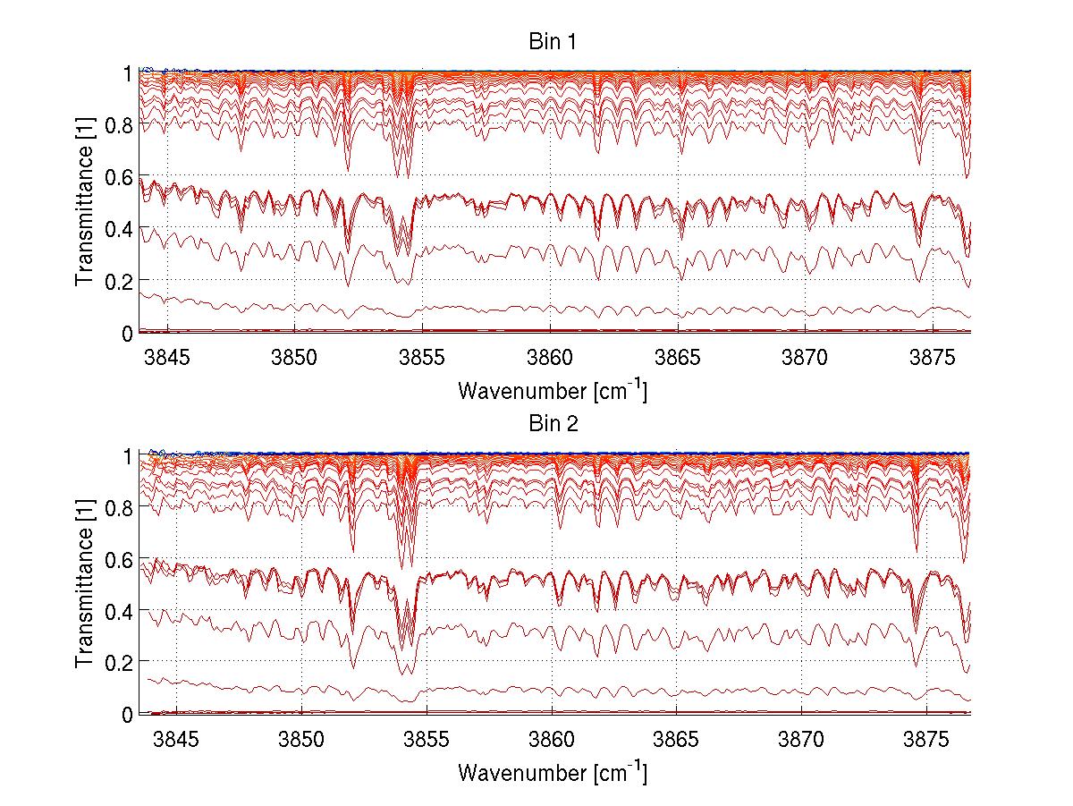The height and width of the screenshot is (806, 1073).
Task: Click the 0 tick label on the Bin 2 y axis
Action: (x=128, y=714)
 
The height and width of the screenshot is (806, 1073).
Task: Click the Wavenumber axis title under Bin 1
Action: (x=552, y=390)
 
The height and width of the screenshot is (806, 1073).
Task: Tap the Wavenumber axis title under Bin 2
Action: (x=552, y=772)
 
